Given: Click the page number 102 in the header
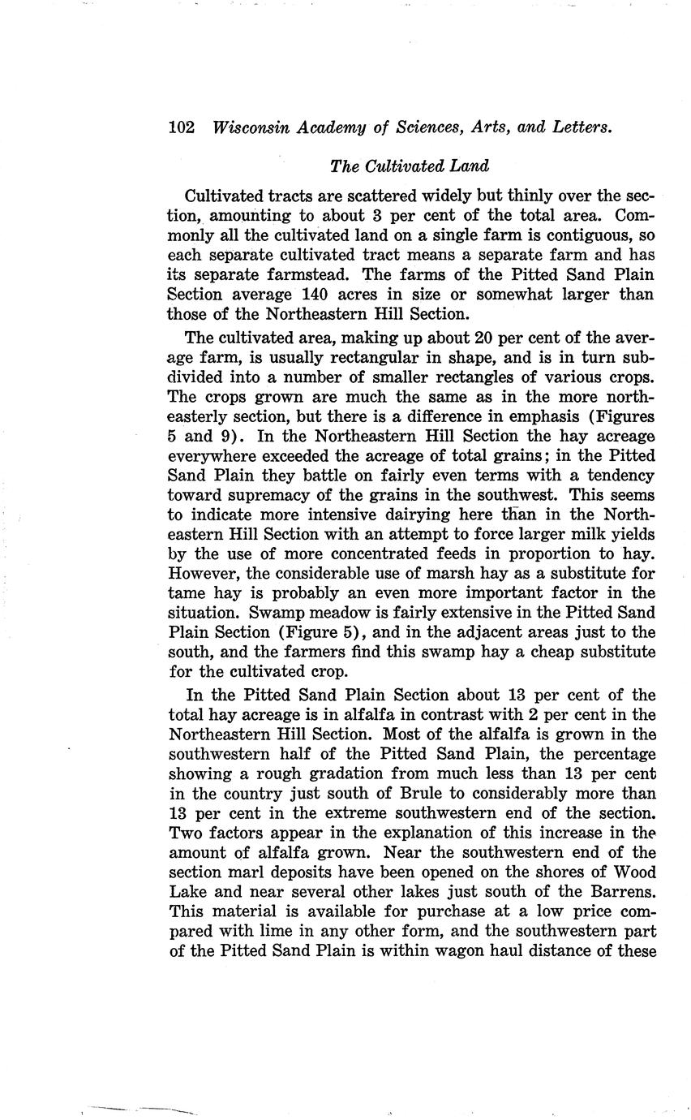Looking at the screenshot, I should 182,127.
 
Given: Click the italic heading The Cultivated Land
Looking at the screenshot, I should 410,166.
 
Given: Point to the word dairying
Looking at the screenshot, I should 438,515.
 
